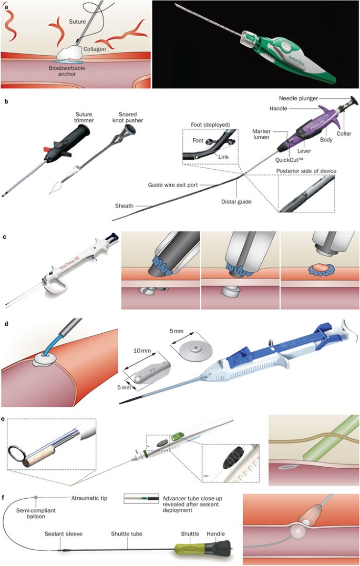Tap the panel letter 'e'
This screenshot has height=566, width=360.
pyautogui.click(x=4, y=420)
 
